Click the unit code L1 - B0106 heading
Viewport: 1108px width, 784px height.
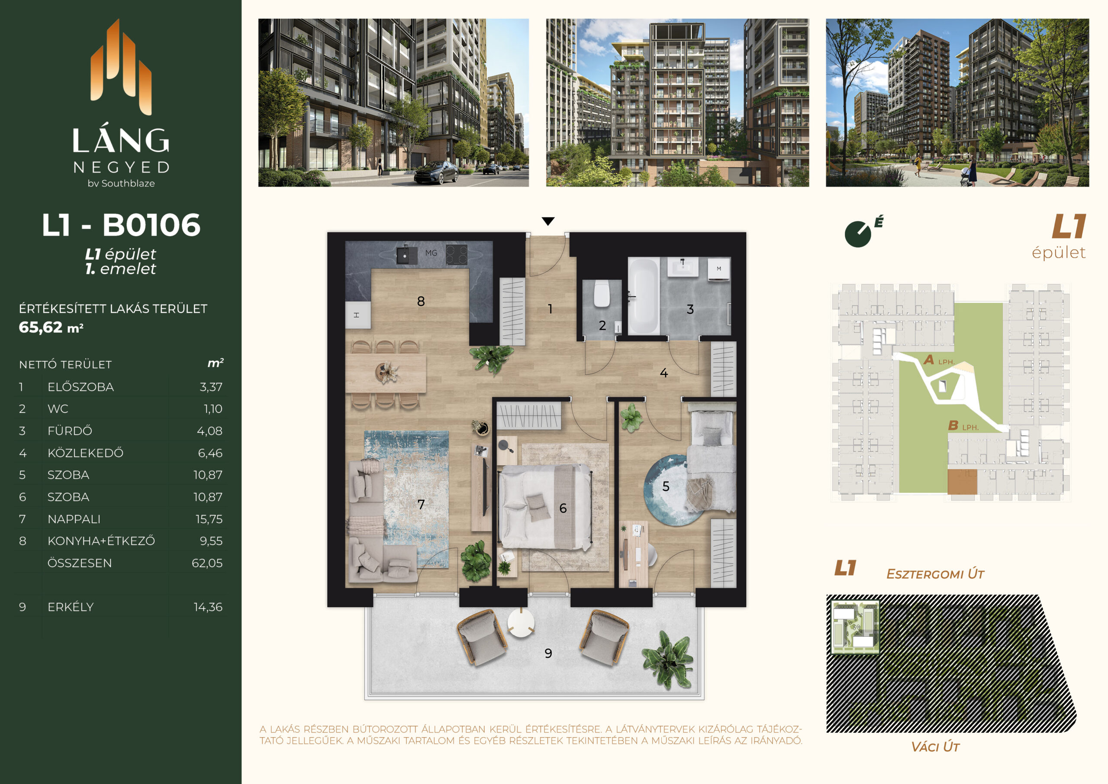click(121, 225)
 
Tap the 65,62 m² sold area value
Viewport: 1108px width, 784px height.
click(51, 327)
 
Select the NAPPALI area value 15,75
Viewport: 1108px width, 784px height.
click(209, 519)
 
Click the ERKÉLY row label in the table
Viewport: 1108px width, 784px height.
click(71, 607)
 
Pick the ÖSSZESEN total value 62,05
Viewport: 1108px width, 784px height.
click(207, 563)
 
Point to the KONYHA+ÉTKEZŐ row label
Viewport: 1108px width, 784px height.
click(101, 541)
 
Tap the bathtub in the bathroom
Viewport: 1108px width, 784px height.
click(644, 296)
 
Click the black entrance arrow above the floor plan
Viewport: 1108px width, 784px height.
click(548, 221)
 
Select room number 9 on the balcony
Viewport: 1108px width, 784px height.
click(548, 654)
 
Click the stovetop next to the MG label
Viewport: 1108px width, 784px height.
click(456, 255)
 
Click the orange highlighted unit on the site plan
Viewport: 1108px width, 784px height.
click(962, 482)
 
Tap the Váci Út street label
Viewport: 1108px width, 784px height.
click(935, 747)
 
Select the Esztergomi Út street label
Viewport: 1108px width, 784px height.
click(935, 574)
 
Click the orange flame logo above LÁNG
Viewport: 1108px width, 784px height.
click(121, 67)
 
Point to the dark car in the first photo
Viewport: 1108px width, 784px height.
click(436, 172)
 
